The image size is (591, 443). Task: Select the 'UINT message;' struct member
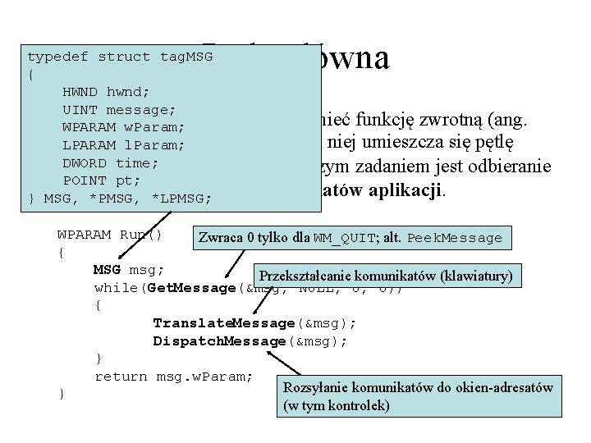118,110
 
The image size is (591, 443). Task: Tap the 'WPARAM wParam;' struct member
123,128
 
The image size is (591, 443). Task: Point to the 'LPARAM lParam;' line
123,145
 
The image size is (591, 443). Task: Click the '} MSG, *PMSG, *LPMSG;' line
120,199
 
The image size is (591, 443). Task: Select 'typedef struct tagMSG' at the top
120,57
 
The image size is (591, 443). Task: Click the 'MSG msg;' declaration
129,270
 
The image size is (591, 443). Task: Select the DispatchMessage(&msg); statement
250,340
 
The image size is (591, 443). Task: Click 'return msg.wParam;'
173,377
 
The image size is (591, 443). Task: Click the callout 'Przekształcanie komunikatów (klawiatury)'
385,276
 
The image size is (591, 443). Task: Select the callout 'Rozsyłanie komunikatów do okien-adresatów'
418,387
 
